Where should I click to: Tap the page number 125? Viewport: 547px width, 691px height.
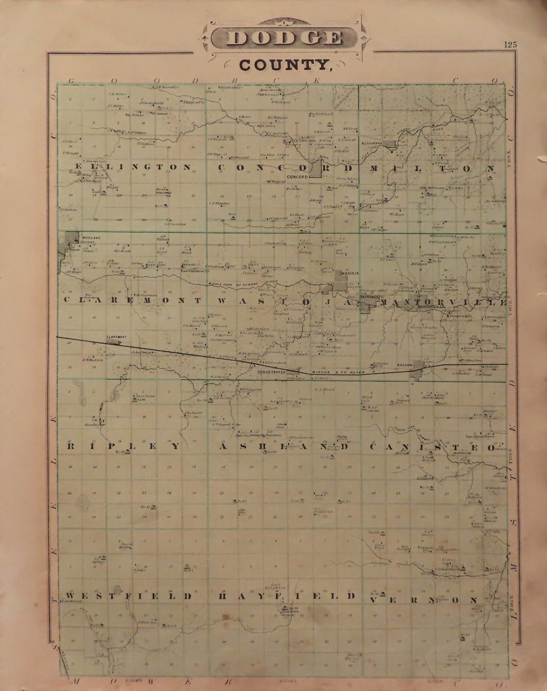point(510,45)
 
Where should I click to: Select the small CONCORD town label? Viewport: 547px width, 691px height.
point(298,177)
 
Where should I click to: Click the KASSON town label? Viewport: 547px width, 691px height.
point(404,365)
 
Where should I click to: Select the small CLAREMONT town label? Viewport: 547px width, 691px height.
point(117,337)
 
